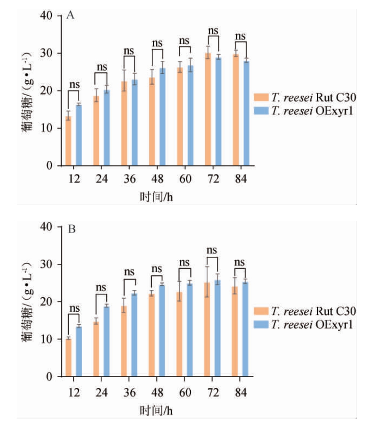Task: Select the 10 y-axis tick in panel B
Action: (48, 339)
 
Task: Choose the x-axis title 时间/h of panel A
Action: (156, 197)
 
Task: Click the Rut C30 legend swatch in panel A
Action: (261, 97)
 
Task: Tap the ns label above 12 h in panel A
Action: (74, 85)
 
